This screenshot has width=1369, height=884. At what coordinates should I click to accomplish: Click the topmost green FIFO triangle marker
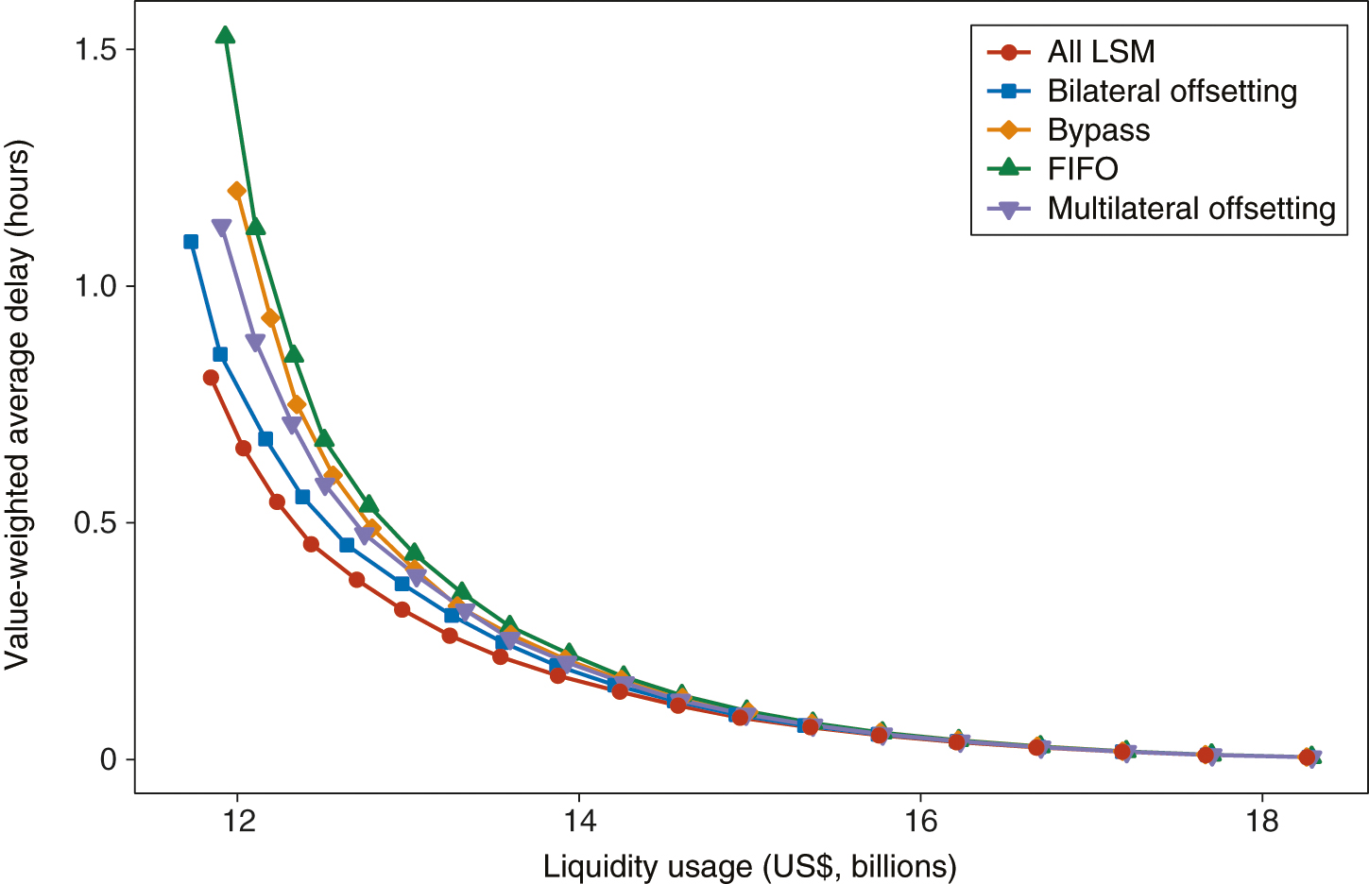pos(225,36)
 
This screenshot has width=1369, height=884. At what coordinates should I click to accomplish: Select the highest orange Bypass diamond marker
pos(237,192)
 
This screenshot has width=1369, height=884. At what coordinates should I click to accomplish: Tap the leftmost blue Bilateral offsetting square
pos(191,242)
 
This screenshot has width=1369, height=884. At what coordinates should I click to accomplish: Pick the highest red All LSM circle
pos(211,378)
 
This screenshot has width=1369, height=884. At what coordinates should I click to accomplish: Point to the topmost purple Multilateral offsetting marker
pos(221,228)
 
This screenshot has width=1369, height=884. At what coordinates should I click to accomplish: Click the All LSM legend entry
pos(1101,52)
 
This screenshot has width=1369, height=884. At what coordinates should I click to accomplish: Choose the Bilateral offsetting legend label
pos(1172,92)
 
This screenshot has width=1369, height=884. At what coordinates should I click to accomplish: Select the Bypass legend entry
pos(1098,130)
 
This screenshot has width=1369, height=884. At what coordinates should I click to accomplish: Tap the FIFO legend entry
pos(1083,169)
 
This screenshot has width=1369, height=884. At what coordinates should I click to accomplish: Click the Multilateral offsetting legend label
pos(1190,209)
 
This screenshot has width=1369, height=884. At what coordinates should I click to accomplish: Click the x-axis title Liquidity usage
pos(749,866)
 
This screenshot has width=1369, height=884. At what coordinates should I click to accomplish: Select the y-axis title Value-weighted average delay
pos(18,404)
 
